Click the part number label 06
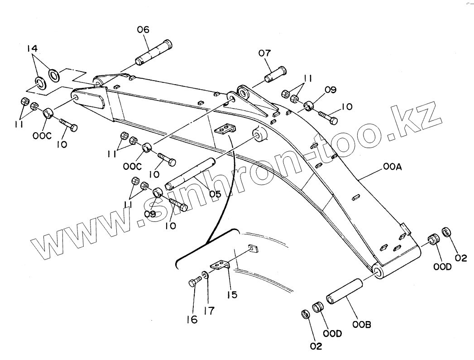pyautogui.click(x=143, y=30)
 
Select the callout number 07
pyautogui.click(x=265, y=53)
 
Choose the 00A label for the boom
pyautogui.click(x=393, y=167)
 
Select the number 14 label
pyautogui.click(x=32, y=48)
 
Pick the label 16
pyautogui.click(x=192, y=320)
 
